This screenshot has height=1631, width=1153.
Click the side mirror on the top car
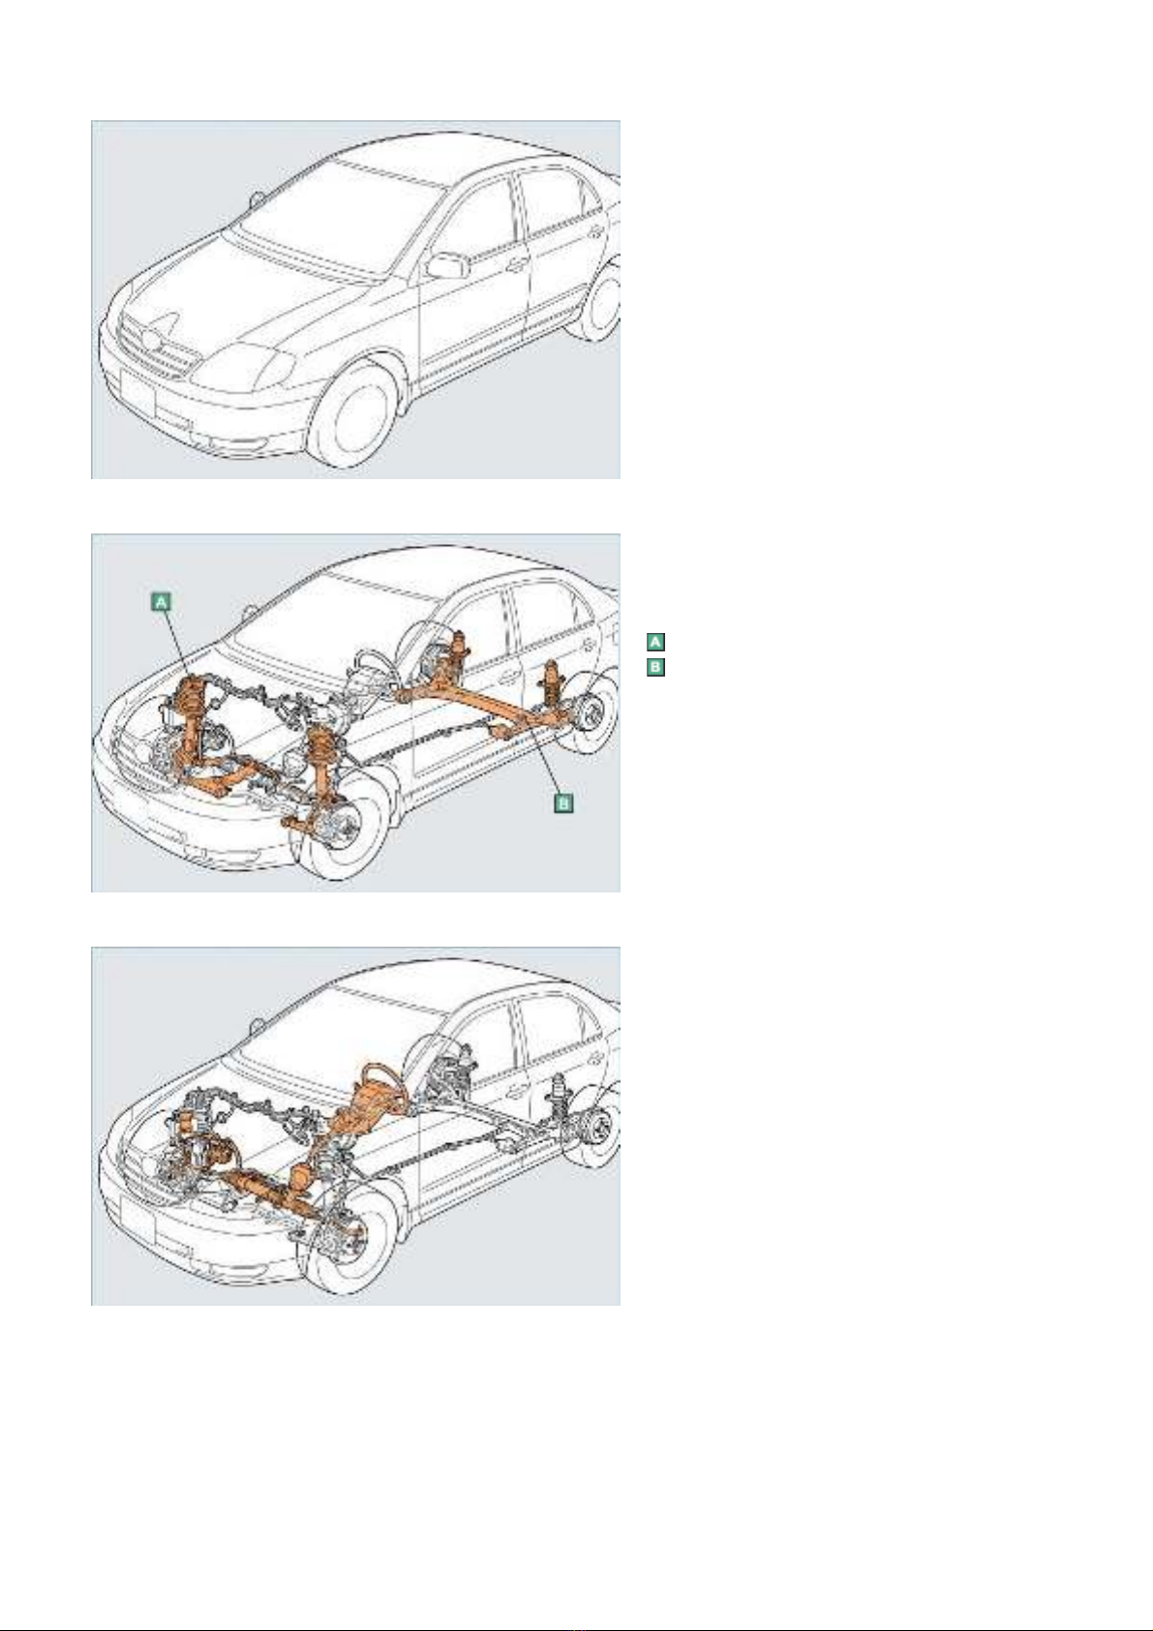tap(447, 265)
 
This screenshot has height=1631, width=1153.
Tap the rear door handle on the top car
tap(593, 230)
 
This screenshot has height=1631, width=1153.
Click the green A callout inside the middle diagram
tap(163, 602)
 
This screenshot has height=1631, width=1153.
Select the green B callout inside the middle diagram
tap(563, 801)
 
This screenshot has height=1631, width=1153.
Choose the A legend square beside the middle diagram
tap(655, 642)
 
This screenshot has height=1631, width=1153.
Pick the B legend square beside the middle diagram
tap(655, 667)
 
